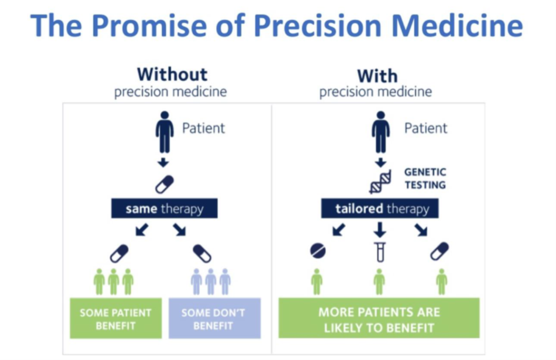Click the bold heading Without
172,75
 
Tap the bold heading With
377,76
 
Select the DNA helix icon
381,181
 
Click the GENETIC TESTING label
425,179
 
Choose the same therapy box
164,208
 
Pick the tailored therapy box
380,208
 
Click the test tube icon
380,252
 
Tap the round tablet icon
318,251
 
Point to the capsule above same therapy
165,184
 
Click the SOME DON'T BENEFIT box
215,318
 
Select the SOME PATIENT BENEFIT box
116,318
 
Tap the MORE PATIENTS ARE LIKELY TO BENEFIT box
379,318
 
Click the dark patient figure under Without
165,132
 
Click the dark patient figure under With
381,132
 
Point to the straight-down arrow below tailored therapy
380,230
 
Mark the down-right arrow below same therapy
180,230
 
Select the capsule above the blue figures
202,254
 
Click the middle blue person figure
211,282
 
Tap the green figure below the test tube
379,282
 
